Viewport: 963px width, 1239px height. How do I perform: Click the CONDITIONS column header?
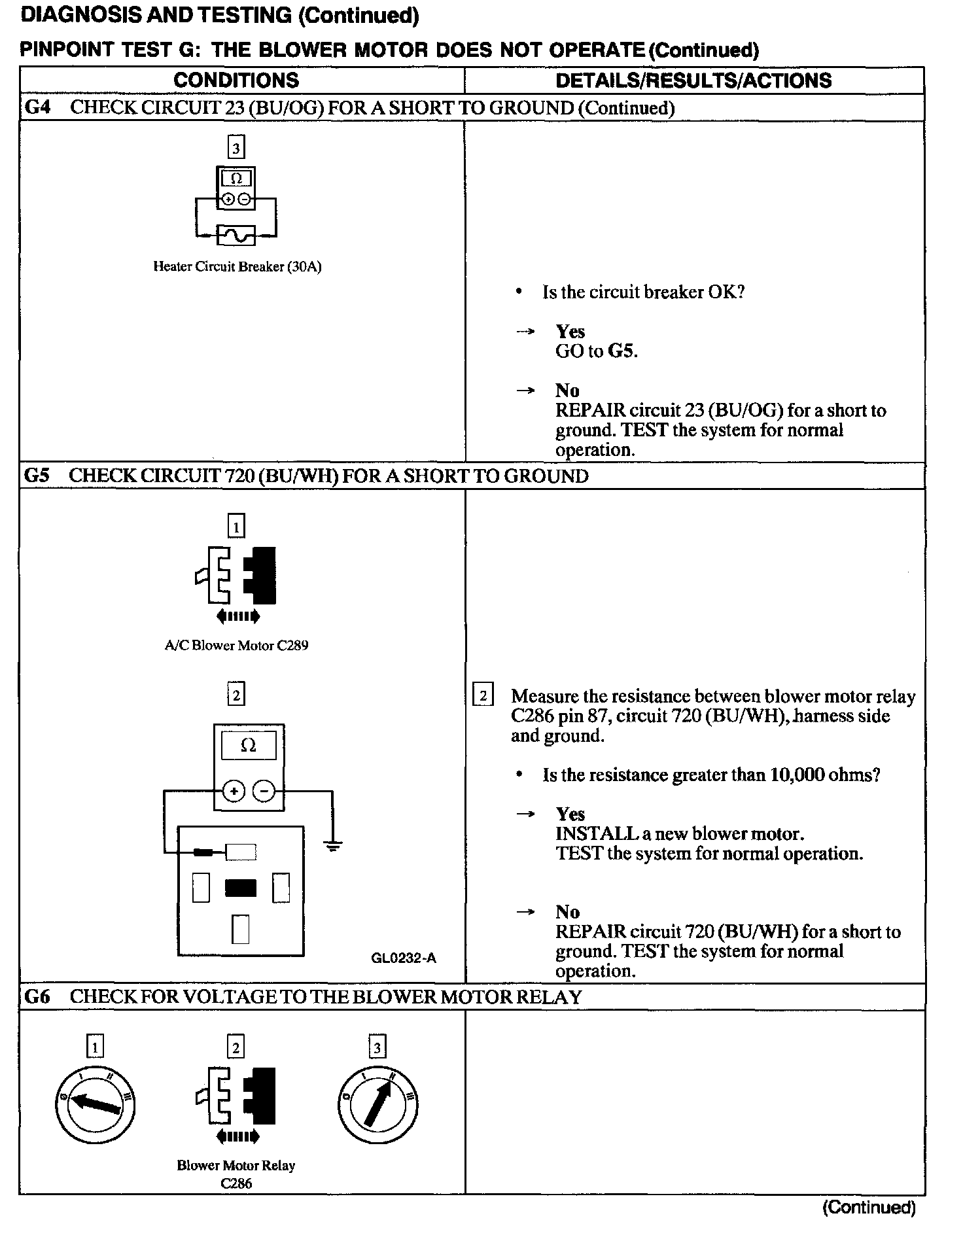(236, 80)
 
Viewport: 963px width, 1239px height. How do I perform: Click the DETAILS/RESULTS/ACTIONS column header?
(693, 80)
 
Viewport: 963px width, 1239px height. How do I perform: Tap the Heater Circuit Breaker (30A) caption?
(237, 267)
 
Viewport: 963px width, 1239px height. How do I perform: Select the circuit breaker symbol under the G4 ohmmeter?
(236, 235)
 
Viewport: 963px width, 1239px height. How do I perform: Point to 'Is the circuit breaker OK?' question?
(643, 292)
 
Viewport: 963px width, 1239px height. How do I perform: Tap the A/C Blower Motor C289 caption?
(236, 646)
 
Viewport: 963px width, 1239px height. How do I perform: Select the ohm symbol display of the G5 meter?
(249, 746)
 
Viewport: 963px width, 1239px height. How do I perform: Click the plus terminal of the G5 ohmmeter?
(233, 792)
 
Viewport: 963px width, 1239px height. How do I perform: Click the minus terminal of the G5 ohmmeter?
(264, 792)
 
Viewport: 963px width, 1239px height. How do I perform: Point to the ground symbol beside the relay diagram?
(333, 846)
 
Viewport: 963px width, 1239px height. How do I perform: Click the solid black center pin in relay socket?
(240, 888)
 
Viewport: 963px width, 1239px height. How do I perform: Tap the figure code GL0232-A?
(404, 958)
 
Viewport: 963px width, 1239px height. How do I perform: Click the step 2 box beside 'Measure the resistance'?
(483, 695)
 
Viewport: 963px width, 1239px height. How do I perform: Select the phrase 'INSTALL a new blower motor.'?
(680, 834)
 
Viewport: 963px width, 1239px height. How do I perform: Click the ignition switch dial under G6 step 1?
(95, 1106)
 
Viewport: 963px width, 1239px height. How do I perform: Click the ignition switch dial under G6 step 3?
(377, 1106)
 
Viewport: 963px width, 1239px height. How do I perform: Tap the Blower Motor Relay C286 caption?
(236, 1174)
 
